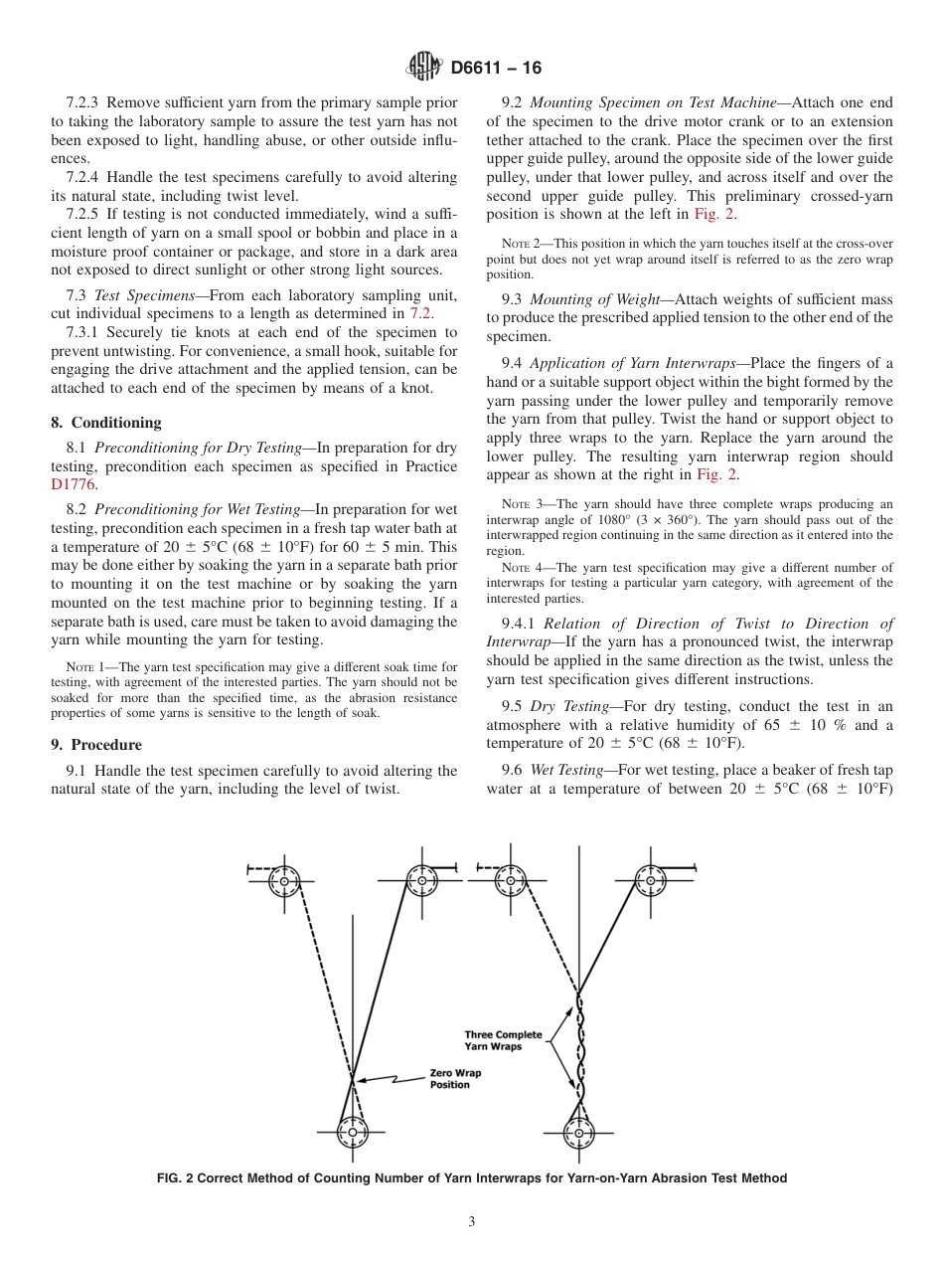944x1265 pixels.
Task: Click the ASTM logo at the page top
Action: pos(425,68)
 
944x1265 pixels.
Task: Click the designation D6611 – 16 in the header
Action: pos(496,69)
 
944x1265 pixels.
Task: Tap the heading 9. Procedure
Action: pos(96,745)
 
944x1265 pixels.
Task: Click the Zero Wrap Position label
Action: pos(449,1079)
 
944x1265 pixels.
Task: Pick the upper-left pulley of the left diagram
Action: pos(285,881)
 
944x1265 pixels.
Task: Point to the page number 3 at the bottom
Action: pos(472,1222)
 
